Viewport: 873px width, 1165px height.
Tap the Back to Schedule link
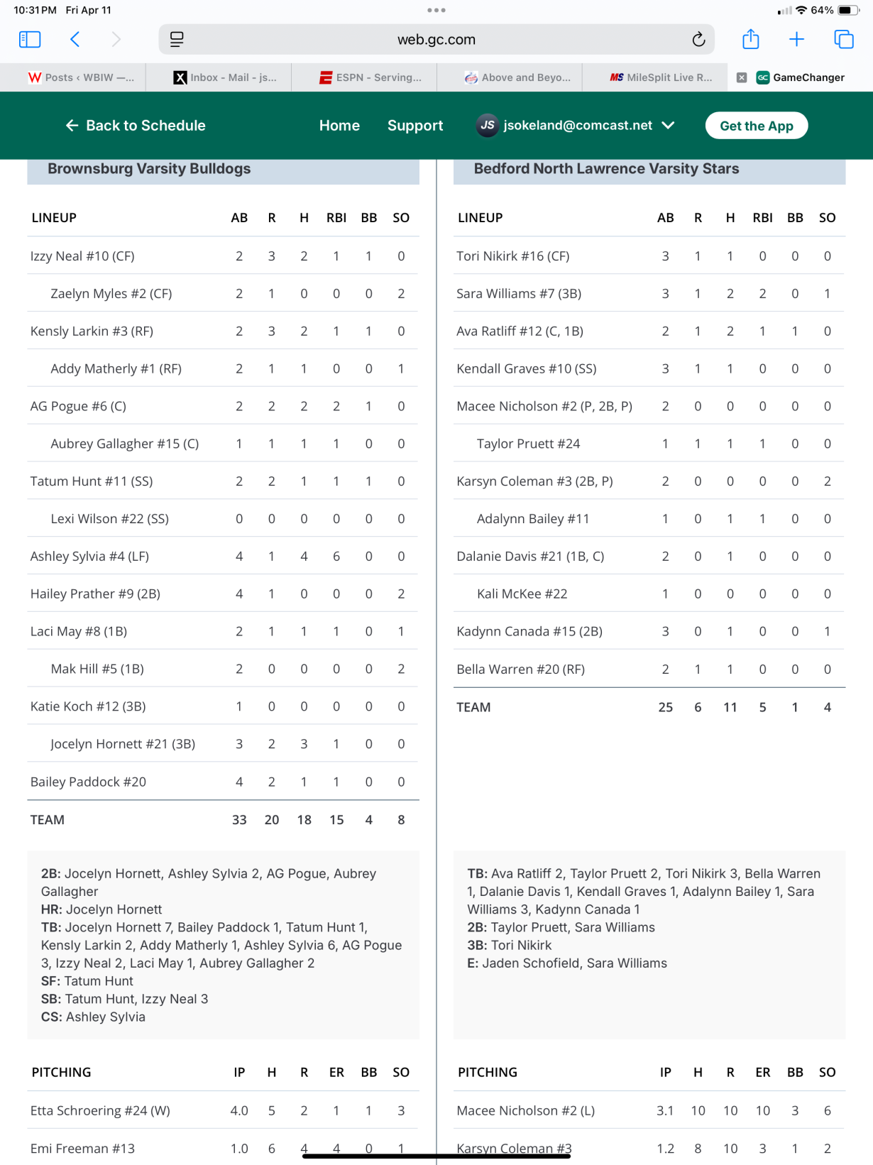(x=136, y=126)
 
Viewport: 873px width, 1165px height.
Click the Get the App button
(x=756, y=126)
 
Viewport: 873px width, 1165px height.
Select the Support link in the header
(x=415, y=126)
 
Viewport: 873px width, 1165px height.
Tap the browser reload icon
(x=698, y=40)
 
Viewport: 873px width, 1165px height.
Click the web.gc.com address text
(x=436, y=40)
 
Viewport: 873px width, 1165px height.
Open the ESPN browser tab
(x=370, y=77)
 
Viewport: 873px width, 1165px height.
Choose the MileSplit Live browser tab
(x=661, y=77)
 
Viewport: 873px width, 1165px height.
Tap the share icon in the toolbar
(x=750, y=40)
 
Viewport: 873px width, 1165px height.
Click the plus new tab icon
(x=796, y=40)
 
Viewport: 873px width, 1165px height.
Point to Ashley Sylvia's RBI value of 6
(x=336, y=557)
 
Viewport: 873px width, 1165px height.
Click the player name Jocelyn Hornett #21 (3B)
(x=123, y=744)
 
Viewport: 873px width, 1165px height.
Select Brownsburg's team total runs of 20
(x=272, y=820)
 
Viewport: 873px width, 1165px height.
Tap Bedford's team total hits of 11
(x=730, y=707)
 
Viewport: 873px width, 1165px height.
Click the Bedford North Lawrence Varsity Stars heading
(x=606, y=169)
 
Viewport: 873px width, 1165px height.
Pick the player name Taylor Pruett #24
(x=528, y=444)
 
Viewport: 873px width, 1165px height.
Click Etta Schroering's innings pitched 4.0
(x=239, y=1111)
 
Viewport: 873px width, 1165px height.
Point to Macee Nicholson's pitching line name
(x=525, y=1111)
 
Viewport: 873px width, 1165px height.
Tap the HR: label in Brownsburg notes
(x=52, y=909)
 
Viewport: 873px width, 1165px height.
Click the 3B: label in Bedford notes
(x=477, y=946)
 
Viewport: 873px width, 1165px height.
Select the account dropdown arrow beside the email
(x=668, y=125)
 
